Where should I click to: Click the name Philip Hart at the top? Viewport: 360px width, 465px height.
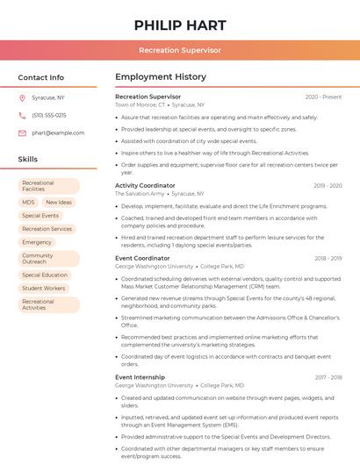(180, 25)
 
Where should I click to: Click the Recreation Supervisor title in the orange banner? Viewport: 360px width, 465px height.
(180, 51)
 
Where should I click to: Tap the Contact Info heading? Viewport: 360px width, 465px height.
(41, 77)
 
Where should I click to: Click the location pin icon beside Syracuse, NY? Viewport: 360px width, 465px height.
(22, 97)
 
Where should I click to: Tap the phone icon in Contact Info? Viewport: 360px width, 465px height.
(22, 115)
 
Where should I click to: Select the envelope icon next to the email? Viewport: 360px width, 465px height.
(22, 132)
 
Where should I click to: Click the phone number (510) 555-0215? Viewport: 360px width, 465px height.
(49, 115)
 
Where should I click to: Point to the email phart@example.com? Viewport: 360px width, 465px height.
(58, 132)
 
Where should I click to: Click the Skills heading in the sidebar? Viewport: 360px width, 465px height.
(28, 160)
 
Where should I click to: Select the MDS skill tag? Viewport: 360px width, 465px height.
(29, 202)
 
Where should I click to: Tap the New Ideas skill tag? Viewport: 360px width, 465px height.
(59, 202)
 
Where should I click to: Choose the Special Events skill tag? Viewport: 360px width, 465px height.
(40, 215)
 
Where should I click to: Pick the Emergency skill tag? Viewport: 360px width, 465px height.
(37, 242)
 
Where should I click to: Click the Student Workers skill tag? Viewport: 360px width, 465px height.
(44, 288)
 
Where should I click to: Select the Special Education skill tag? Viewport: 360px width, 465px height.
(45, 275)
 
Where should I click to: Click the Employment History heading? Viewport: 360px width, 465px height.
(161, 77)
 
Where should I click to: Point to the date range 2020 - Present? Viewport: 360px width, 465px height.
(323, 97)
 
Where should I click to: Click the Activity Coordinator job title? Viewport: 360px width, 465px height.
(145, 185)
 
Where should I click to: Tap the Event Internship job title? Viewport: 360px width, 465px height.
(140, 377)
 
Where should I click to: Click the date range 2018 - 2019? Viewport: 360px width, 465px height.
(328, 258)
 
